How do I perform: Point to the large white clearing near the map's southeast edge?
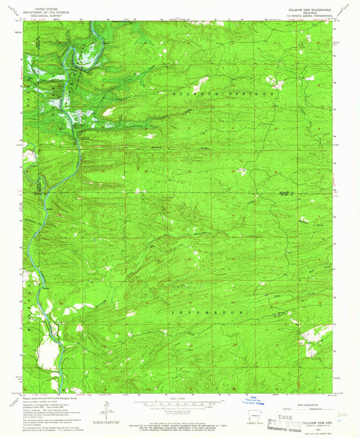click(315, 333)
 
